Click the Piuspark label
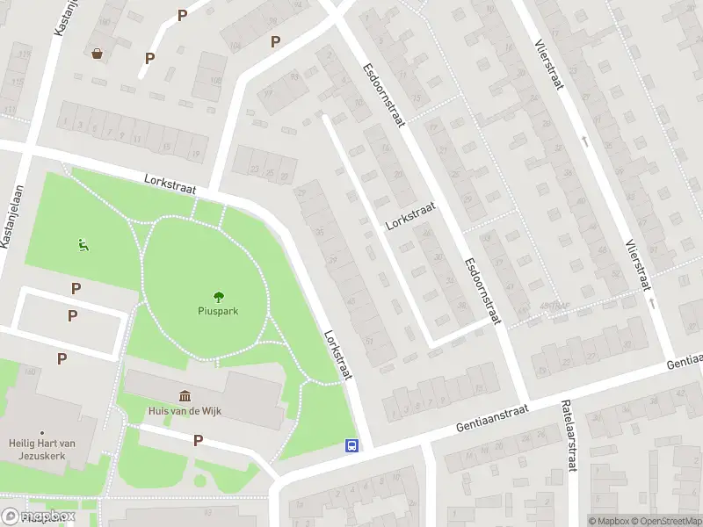click(x=217, y=310)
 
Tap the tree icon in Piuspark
click(x=217, y=296)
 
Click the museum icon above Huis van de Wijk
click(x=185, y=396)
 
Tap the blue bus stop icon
click(x=351, y=445)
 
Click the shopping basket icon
click(x=97, y=54)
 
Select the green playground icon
click(x=83, y=245)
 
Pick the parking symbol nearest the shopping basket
click(x=149, y=58)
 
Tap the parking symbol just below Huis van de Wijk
click(x=198, y=441)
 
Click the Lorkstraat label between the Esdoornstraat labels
click(x=410, y=214)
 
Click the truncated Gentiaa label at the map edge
click(x=685, y=361)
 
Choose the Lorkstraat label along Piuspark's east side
click(x=337, y=355)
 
